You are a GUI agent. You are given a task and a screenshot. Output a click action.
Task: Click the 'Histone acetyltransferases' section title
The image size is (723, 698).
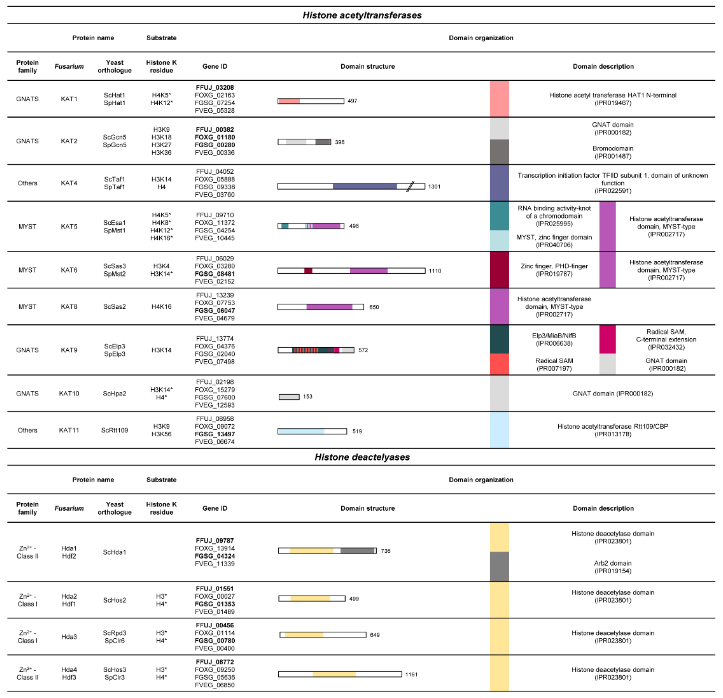tap(362, 15)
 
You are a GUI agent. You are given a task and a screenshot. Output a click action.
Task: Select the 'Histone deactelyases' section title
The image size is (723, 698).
tap(362, 457)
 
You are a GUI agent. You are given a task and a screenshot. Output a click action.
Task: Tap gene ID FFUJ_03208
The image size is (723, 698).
tap(215, 87)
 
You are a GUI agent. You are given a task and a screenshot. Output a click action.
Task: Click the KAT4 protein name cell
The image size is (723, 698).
tap(69, 183)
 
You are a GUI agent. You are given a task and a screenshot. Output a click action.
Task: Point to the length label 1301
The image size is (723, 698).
tap(434, 186)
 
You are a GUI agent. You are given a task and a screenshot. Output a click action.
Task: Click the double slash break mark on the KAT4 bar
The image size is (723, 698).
tap(410, 186)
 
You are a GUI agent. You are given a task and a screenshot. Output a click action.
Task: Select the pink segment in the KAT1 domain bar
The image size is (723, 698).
tap(289, 101)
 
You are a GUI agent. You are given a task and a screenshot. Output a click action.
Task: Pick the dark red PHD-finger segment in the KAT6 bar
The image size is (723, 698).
tap(308, 271)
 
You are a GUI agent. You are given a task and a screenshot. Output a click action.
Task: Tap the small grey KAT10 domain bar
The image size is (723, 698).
tap(289, 397)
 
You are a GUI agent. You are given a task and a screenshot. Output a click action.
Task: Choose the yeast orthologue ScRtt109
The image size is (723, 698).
tap(114, 430)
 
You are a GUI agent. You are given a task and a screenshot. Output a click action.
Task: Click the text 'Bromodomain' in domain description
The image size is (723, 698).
tap(613, 148)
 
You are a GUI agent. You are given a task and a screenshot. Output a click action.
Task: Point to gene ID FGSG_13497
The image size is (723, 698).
tap(215, 434)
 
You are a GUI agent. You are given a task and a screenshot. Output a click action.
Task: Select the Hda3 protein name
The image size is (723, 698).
tap(69, 637)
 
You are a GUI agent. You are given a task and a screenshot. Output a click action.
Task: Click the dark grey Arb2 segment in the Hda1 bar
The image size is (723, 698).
tap(357, 551)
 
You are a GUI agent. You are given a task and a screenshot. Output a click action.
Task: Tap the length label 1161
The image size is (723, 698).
tap(411, 674)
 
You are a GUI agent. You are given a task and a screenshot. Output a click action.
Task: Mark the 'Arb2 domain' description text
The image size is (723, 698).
tap(613, 563)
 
